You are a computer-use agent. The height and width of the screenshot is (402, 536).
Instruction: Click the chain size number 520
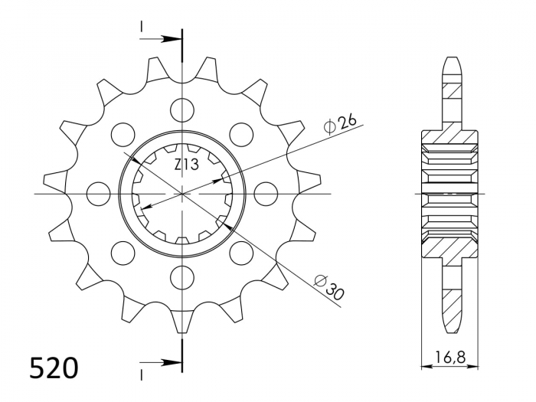click(x=54, y=368)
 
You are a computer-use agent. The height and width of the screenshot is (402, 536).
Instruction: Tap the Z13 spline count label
click(x=186, y=165)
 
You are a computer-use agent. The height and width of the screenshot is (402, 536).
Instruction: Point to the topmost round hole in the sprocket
click(x=182, y=109)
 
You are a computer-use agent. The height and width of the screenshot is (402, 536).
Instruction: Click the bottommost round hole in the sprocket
click(x=182, y=276)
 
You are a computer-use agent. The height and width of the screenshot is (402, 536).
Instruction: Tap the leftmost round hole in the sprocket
click(x=99, y=193)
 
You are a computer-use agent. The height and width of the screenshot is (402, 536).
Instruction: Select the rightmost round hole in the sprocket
click(x=266, y=193)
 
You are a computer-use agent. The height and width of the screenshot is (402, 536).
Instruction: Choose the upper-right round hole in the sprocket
click(x=241, y=134)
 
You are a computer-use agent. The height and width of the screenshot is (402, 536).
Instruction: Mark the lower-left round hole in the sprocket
click(x=123, y=252)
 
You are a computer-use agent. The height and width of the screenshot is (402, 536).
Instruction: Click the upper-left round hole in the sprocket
click(x=123, y=134)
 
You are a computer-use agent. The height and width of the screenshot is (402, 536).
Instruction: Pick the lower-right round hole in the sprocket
click(x=241, y=252)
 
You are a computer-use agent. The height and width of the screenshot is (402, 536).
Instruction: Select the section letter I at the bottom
click(x=142, y=373)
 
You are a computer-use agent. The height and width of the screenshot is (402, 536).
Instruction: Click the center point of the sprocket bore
click(x=182, y=193)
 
